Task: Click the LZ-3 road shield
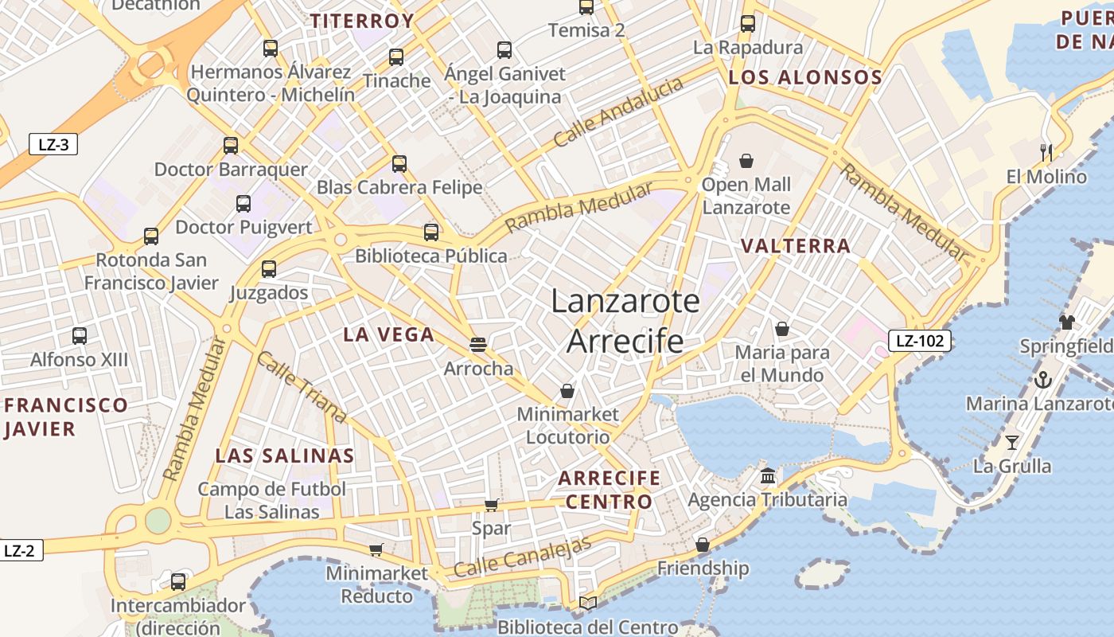54,144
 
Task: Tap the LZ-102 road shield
919,342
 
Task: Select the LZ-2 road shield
19,550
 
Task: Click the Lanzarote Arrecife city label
625,321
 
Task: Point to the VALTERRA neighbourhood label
796,246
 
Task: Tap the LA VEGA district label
389,334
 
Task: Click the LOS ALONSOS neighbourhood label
805,77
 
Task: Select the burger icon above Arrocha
477,344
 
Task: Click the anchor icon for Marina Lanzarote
1042,379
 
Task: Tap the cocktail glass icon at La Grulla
1011,442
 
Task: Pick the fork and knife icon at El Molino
1046,152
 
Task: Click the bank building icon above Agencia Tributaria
768,475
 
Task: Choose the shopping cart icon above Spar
491,505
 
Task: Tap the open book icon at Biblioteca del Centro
588,604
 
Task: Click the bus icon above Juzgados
269,269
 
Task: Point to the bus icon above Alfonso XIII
80,335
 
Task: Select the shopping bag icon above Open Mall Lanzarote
746,161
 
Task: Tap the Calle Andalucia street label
618,112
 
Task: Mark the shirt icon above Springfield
1066,322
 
